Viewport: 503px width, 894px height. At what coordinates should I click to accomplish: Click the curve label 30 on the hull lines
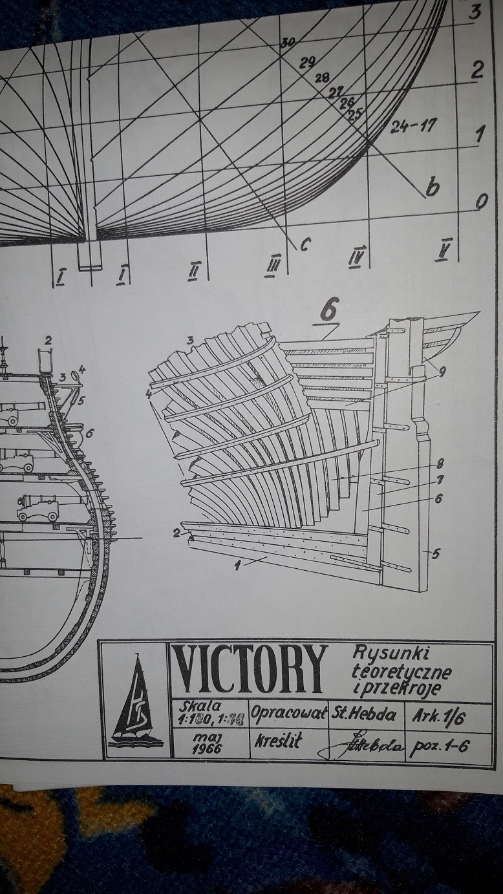click(288, 43)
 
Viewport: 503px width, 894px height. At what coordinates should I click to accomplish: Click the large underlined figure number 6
click(329, 312)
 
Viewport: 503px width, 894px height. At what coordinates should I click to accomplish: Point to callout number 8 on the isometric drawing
click(439, 463)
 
